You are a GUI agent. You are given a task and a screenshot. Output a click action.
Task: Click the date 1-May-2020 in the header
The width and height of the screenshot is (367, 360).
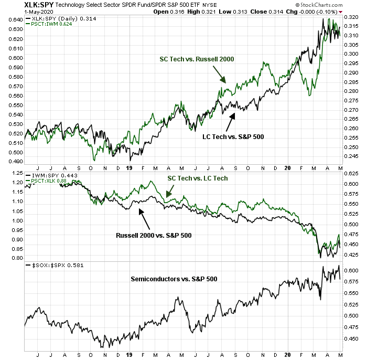(x=18, y=12)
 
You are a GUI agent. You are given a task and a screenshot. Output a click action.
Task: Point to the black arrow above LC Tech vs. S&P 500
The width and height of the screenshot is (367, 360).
(x=229, y=123)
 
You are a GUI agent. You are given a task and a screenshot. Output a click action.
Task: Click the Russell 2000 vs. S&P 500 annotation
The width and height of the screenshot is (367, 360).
(x=153, y=235)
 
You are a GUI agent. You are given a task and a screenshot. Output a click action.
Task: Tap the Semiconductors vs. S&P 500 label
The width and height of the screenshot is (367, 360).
(x=174, y=279)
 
